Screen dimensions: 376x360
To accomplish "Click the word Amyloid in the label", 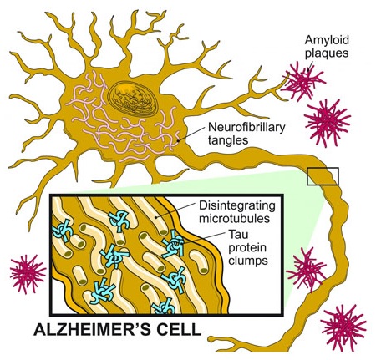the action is pyautogui.click(x=327, y=40).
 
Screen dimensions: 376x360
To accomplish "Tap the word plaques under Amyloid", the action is pyautogui.click(x=327, y=53).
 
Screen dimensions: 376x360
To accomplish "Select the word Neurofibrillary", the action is pyautogui.click(x=246, y=128).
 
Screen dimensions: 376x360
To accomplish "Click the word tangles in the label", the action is pyautogui.click(x=228, y=139).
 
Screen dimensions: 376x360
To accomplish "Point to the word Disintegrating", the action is pyautogui.click(x=237, y=206).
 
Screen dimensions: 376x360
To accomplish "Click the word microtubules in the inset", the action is pyautogui.click(x=234, y=218).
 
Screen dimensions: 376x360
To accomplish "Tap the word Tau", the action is pyautogui.click(x=238, y=234).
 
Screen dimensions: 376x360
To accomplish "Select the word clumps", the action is pyautogui.click(x=248, y=261).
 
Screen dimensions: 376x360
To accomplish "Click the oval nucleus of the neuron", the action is pyautogui.click(x=133, y=98).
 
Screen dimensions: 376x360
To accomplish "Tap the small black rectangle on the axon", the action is pyautogui.click(x=323, y=176).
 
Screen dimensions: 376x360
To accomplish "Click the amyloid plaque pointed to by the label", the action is pyautogui.click(x=303, y=82).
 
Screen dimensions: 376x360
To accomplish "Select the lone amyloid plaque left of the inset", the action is pyautogui.click(x=28, y=274).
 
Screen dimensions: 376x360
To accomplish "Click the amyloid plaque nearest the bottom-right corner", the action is pyautogui.click(x=343, y=327).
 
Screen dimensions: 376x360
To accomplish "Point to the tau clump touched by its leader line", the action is pyautogui.click(x=174, y=244).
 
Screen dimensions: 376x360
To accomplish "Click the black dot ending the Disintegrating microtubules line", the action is pyautogui.click(x=156, y=217).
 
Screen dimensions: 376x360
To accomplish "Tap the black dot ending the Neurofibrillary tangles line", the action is pyautogui.click(x=178, y=141).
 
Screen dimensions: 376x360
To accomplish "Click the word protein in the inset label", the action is pyautogui.click(x=247, y=248).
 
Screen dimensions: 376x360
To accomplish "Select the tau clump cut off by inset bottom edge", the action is pyautogui.click(x=164, y=307).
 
